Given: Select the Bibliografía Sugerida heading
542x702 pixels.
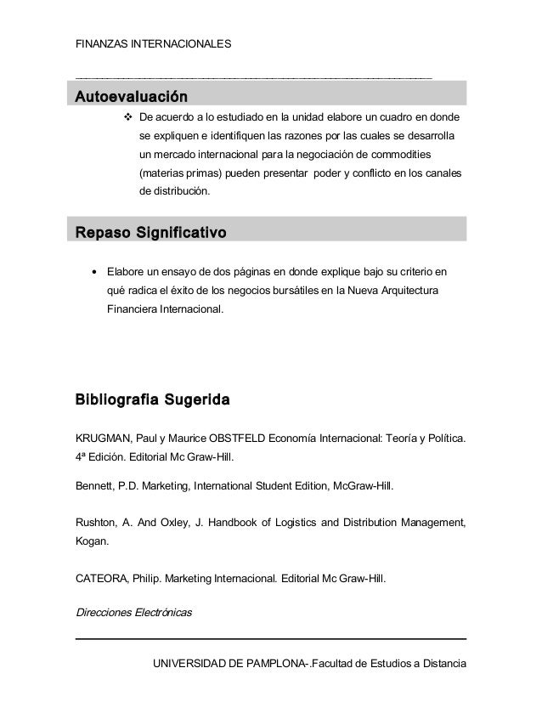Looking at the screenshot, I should tap(152, 398).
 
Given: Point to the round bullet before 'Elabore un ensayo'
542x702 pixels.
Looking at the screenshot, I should tap(93, 274).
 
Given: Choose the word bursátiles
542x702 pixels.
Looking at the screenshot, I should tap(296, 292).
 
